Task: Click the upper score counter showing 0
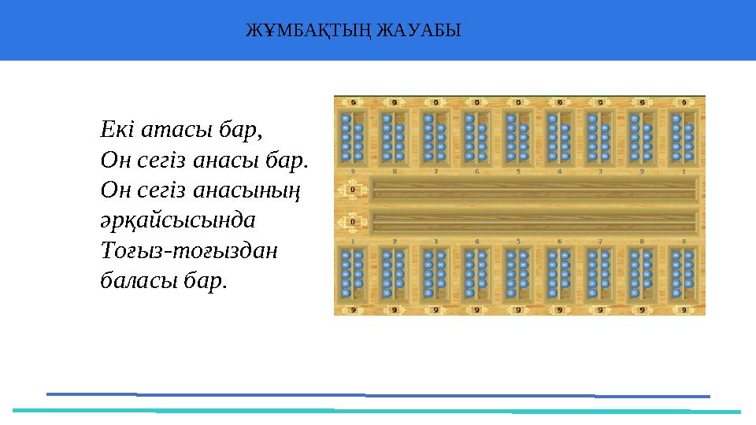(x=353, y=190)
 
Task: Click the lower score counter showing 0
(x=353, y=221)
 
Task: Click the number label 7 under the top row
(x=435, y=171)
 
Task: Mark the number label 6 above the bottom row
(x=559, y=241)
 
